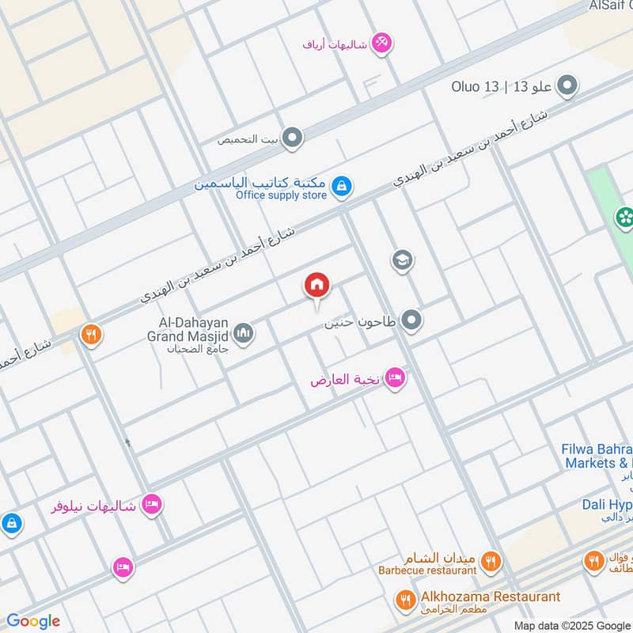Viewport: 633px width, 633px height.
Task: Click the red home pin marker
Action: coord(317,285)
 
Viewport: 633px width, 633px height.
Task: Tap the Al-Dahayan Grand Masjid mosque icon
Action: coord(244,334)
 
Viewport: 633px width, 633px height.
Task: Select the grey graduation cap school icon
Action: coord(403,260)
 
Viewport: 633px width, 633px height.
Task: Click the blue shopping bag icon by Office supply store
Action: coord(341,187)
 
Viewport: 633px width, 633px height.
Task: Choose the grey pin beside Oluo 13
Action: coord(567,86)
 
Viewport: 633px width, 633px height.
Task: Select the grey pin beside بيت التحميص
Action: coord(293,139)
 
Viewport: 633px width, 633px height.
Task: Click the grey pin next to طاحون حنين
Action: coord(411,321)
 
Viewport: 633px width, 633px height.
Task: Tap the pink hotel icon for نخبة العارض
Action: coord(396,379)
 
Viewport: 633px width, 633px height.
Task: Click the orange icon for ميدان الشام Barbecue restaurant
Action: coord(491,562)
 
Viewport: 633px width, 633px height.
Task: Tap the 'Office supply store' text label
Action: coord(281,195)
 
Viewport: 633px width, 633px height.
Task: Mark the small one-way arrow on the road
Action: coord(127,442)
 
